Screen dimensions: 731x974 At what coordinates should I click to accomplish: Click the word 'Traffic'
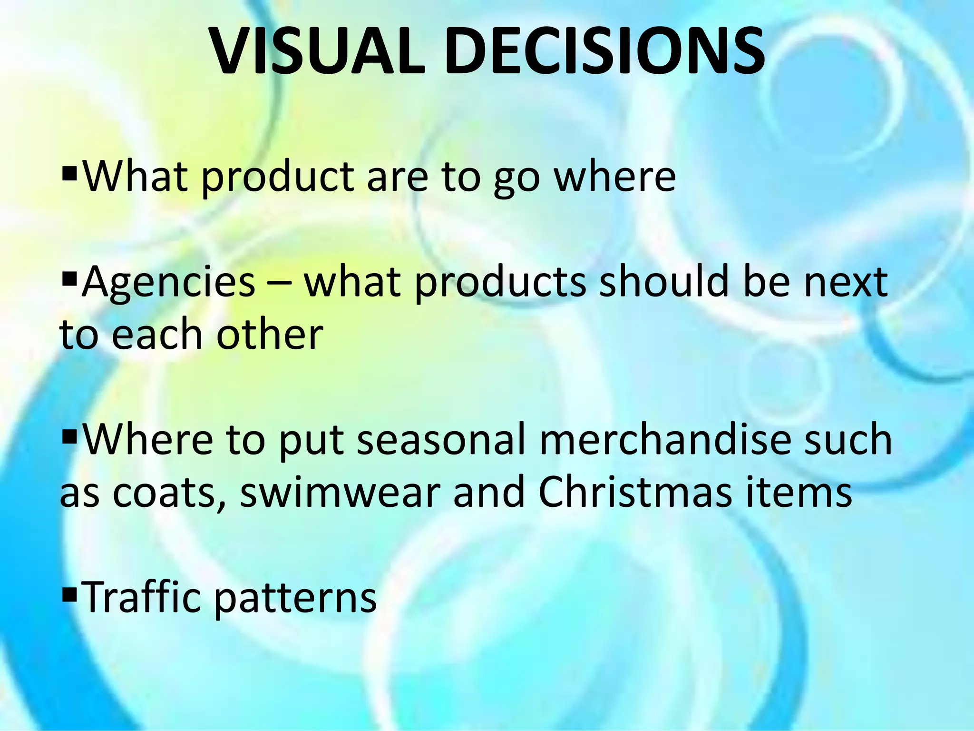coord(142,597)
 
